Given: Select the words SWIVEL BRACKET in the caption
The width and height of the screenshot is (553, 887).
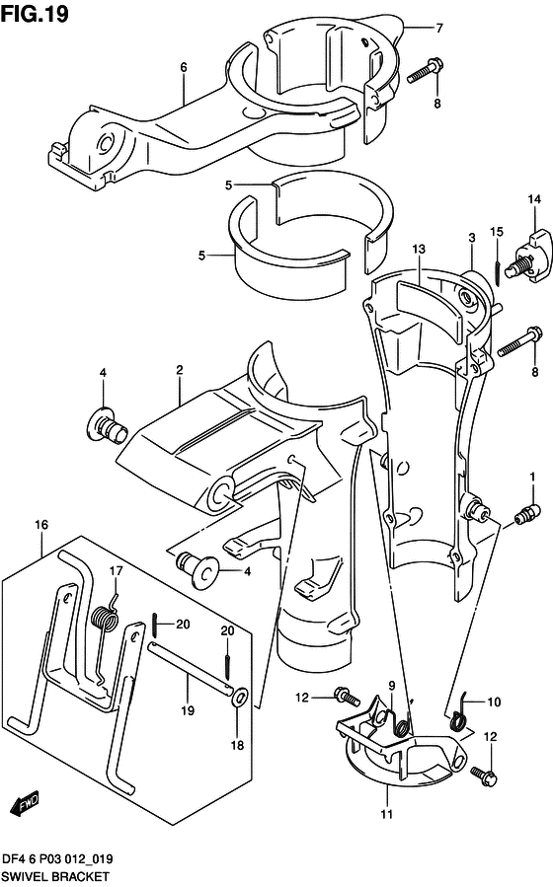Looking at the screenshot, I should point(55,876).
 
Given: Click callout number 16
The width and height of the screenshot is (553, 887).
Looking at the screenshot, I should point(41,525).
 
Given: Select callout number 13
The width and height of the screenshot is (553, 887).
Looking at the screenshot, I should point(419,249).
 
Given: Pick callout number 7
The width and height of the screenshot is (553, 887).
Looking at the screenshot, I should point(440,28).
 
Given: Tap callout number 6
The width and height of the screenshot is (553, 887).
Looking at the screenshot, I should point(184,67).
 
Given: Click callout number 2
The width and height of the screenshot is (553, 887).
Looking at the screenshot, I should point(180,370).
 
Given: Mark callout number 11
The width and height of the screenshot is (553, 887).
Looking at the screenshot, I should point(387,814).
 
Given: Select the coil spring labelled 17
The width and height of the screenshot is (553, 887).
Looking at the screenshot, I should point(104,621).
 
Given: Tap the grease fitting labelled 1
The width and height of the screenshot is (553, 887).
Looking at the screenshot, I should point(524,512).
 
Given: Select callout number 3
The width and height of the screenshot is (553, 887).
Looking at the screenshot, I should point(472,237).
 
